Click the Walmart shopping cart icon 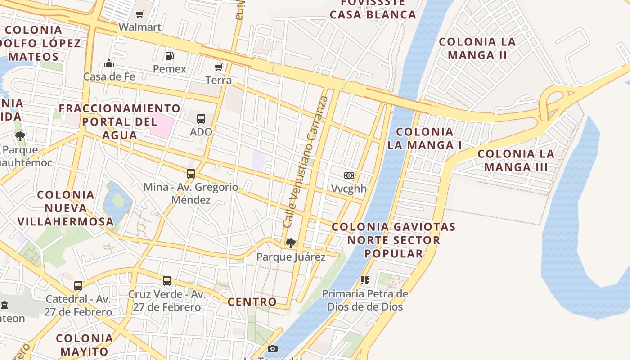[x=139, y=14]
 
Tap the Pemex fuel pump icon [x=170, y=56]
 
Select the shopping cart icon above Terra [x=219, y=67]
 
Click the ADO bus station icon [x=201, y=119]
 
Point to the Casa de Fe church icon [x=109, y=63]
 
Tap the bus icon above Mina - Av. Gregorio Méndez [x=191, y=173]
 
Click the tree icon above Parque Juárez [x=291, y=243]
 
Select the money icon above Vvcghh [x=349, y=175]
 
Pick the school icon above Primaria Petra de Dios [x=365, y=280]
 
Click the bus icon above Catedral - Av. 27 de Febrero [x=78, y=285]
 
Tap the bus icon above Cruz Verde [x=167, y=281]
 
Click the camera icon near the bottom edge [x=273, y=348]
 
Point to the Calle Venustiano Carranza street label [x=306, y=162]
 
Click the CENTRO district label [x=252, y=301]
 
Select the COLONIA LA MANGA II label [x=477, y=49]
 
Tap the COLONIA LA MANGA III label [x=516, y=161]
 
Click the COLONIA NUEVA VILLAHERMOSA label [x=66, y=208]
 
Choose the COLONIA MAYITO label [x=85, y=345]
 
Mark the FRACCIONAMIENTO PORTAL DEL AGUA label [x=120, y=121]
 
